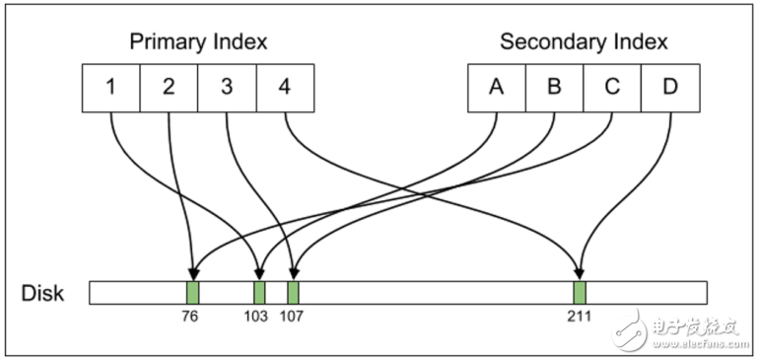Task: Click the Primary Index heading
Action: coord(198,41)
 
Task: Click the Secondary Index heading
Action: coord(584,41)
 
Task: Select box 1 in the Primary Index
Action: coord(110,88)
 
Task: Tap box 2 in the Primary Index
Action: coord(169,88)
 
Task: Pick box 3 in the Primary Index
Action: coord(227,88)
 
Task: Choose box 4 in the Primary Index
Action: coord(285,88)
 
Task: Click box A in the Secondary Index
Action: coord(496,88)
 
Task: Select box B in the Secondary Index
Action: coord(554,88)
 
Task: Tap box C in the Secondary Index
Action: coord(612,88)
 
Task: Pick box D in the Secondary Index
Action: coord(670,88)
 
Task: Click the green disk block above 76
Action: coord(193,292)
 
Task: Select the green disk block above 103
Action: coord(259,292)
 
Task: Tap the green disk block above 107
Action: coord(294,292)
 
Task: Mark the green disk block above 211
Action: coord(580,292)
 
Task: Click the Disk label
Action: coord(42,293)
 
